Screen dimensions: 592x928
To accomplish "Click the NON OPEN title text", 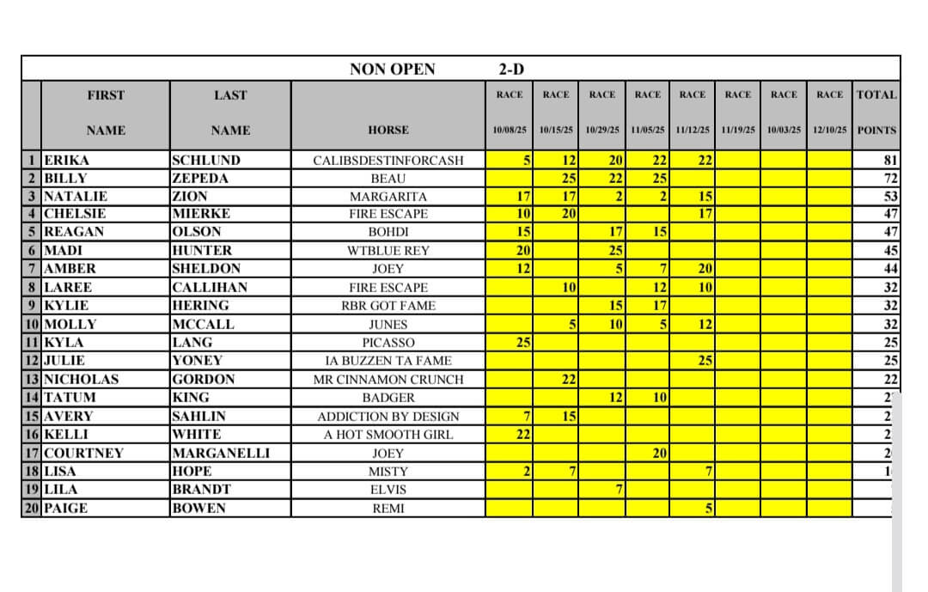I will pos(392,69).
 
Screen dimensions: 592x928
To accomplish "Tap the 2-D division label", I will pos(513,69).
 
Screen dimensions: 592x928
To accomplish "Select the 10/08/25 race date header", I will pos(510,131).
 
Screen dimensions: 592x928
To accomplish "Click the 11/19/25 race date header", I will pos(737,131).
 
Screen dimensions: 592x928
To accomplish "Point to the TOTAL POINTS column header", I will pos(876,113).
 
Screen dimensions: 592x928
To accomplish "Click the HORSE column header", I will pos(388,131).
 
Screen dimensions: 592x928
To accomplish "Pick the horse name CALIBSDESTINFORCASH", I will pos(388,160).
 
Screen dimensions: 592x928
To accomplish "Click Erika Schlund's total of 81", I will pos(890,160).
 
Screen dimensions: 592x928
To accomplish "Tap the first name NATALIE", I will pos(76,197).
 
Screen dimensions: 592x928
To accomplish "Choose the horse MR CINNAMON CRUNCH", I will pos(388,380).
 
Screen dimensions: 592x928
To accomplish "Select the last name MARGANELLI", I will pos(221,453).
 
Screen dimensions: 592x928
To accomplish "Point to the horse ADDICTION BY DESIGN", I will pos(388,416).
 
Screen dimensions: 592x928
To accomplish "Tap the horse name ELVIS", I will pos(388,490).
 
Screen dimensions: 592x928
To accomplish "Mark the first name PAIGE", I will pos(65,508).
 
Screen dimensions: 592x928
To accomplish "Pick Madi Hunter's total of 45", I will pos(890,251).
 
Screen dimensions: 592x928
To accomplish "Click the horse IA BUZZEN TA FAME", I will pos(388,361).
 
